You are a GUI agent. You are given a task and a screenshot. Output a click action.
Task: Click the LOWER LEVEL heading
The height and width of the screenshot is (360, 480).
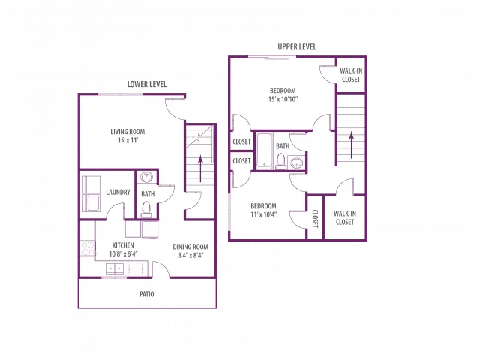pos(147,84)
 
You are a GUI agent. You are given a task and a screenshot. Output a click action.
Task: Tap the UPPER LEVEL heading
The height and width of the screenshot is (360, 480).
pos(297,46)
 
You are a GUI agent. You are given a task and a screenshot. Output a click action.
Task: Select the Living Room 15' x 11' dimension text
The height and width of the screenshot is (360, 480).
pos(128,140)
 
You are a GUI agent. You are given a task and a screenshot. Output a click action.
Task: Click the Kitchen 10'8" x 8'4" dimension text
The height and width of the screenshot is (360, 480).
pos(123,253)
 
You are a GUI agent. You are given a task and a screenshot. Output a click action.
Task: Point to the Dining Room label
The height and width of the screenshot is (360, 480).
pos(190,247)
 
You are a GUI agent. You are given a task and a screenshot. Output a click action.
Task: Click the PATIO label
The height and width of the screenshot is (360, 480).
pos(147,294)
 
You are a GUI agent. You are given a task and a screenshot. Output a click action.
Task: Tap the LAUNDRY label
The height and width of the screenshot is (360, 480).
pos(118,192)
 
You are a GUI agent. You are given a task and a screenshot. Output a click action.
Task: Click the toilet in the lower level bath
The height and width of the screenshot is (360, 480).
pos(146,209)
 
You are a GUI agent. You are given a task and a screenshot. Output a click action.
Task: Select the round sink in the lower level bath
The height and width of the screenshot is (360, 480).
pos(146,177)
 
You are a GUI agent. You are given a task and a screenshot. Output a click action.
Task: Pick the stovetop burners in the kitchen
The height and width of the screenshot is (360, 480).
pos(88,248)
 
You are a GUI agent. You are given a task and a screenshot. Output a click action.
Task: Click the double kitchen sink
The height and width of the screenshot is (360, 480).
pos(115,268)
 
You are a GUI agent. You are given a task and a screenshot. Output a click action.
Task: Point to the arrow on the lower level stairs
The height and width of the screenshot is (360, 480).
pos(201,169)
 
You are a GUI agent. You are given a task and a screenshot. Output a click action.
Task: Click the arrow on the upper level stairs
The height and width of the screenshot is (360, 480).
pos(352,145)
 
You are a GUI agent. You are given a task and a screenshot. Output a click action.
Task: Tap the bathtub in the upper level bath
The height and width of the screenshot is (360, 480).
pos(265,151)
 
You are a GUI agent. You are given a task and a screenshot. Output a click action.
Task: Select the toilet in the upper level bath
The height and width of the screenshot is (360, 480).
pos(281,162)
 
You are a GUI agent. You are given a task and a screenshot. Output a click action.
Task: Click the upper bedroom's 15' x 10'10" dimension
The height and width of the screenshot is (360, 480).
pos(283,99)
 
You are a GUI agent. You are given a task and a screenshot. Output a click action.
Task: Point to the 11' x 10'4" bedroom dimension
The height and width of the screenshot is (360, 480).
pos(264,214)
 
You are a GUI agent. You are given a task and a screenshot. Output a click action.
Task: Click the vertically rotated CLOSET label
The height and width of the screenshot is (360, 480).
pos(316,219)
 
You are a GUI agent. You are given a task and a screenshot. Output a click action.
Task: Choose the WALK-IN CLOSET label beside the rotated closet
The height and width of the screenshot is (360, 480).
pos(345,218)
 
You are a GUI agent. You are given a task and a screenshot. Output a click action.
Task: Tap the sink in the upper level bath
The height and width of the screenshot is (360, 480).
pos(297,163)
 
